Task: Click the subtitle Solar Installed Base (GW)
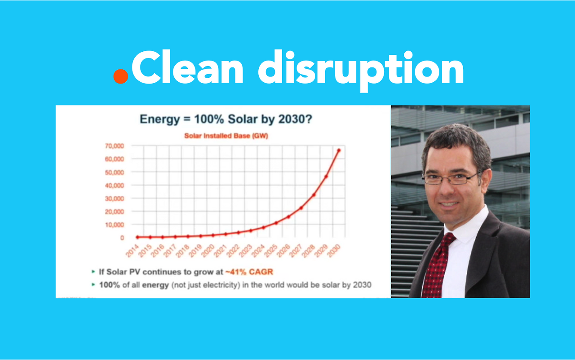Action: pyautogui.click(x=226, y=136)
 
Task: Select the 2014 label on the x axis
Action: pyautogui.click(x=132, y=250)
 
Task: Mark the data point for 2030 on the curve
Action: pyautogui.click(x=339, y=150)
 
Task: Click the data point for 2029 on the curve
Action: pyautogui.click(x=326, y=176)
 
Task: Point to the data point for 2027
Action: pyautogui.click(x=301, y=208)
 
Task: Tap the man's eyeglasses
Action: pyautogui.click(x=451, y=178)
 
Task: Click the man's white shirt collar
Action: pyautogui.click(x=467, y=227)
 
